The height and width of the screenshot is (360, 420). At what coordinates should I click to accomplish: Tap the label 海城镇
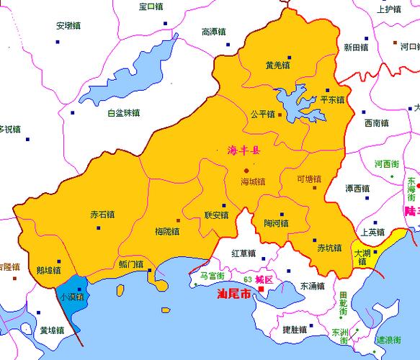(253, 181)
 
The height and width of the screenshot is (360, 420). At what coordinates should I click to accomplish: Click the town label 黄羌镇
(277, 66)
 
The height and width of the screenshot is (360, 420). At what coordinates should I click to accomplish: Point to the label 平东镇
(332, 99)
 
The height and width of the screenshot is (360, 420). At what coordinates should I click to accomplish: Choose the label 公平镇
(262, 114)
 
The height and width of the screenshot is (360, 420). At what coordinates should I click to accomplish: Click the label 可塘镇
(309, 179)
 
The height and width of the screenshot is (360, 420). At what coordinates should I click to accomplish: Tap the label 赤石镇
(102, 215)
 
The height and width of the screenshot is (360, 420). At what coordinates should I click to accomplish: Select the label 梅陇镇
(167, 231)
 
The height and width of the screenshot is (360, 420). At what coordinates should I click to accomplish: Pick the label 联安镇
(216, 215)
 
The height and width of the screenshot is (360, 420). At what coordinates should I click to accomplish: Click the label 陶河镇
(276, 223)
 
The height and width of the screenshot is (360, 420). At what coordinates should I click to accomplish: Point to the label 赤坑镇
(329, 248)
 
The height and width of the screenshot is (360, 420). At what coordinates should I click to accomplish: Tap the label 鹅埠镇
(48, 271)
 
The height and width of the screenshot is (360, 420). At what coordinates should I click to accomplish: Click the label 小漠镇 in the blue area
(71, 296)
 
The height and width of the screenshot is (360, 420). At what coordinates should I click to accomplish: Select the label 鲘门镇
(130, 264)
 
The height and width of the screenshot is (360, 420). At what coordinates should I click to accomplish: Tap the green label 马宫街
(212, 276)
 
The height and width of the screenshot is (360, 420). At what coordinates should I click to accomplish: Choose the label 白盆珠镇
(123, 113)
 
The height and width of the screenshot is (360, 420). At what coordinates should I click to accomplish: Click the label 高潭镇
(215, 32)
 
